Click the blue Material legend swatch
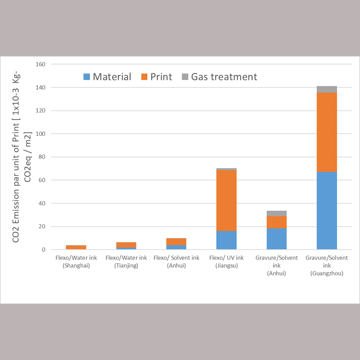(x=87, y=77)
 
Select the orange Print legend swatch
(x=144, y=77)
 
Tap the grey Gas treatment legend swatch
(x=185, y=77)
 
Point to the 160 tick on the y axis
(x=41, y=64)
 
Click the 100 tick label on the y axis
(x=41, y=134)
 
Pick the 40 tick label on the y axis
(x=42, y=203)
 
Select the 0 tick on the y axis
(x=44, y=250)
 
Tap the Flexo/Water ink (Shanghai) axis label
(x=76, y=262)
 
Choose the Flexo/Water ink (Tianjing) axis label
(x=126, y=262)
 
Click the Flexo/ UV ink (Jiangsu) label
(x=226, y=262)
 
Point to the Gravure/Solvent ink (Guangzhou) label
(x=327, y=266)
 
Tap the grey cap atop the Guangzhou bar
(x=327, y=89)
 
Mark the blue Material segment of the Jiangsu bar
(x=226, y=240)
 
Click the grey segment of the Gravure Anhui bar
(x=276, y=213)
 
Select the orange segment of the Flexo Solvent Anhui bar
(x=176, y=242)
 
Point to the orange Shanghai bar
(x=76, y=247)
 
